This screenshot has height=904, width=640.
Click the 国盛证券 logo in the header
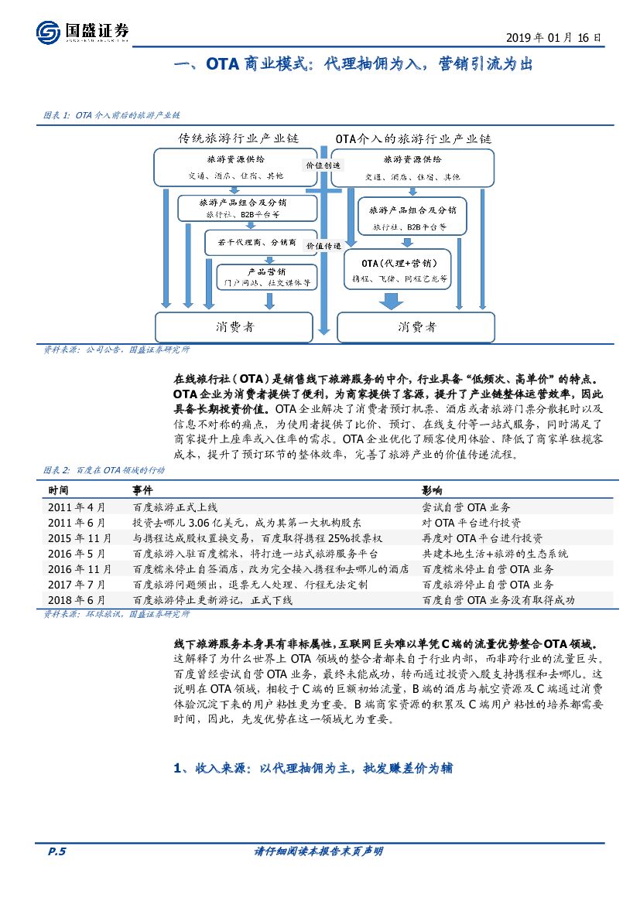83,32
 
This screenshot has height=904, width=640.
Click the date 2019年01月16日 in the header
553,37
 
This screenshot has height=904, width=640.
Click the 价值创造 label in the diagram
323,165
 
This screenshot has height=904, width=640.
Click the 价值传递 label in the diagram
323,245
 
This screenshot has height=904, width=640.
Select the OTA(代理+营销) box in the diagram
399,270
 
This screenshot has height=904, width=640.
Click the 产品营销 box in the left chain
266,277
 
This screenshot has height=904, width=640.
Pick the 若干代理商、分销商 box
251,242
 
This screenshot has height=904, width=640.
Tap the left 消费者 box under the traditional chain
234,327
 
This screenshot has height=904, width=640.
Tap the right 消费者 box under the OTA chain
416,327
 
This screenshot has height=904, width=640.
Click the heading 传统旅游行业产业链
239,139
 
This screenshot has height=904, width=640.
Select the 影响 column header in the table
432,490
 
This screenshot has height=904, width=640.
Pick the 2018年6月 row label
77,600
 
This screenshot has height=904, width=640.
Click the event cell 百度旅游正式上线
176,507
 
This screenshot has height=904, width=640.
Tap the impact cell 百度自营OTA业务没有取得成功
498,600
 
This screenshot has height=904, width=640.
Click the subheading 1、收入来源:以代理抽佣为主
313,769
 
